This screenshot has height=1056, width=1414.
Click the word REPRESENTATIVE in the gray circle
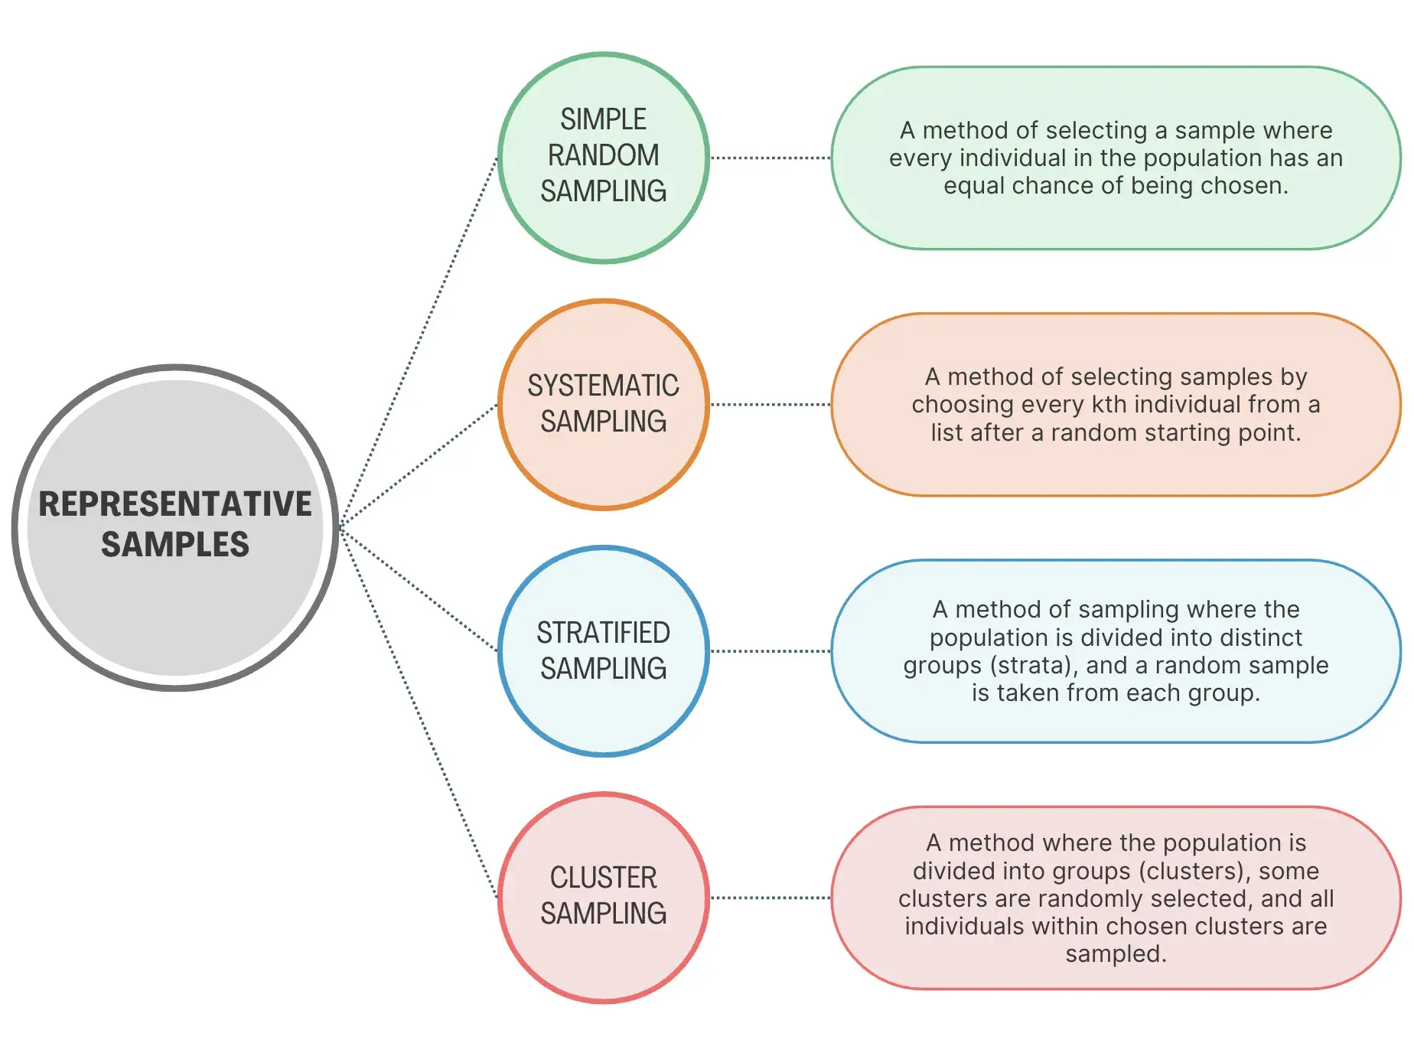pyautogui.click(x=175, y=504)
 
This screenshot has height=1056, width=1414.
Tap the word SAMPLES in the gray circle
pyautogui.click(x=175, y=545)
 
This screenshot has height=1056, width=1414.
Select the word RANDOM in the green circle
pyautogui.click(x=603, y=155)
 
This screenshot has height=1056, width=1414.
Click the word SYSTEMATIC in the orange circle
pyautogui.click(x=603, y=386)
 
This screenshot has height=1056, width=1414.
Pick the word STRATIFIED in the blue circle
pyautogui.click(x=603, y=633)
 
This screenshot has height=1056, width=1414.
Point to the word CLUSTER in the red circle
pyautogui.click(x=603, y=878)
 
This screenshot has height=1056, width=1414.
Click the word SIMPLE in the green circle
pyautogui.click(x=603, y=119)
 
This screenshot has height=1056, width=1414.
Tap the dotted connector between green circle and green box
pyautogui.click(x=770, y=158)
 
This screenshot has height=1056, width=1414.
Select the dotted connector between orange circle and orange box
pyautogui.click(x=770, y=405)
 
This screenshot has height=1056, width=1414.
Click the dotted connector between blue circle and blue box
pyautogui.click(x=770, y=651)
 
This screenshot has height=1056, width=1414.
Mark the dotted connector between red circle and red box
pyautogui.click(x=770, y=898)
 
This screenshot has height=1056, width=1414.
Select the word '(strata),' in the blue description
pyautogui.click(x=1033, y=665)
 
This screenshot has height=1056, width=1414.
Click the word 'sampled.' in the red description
pyautogui.click(x=1116, y=954)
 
